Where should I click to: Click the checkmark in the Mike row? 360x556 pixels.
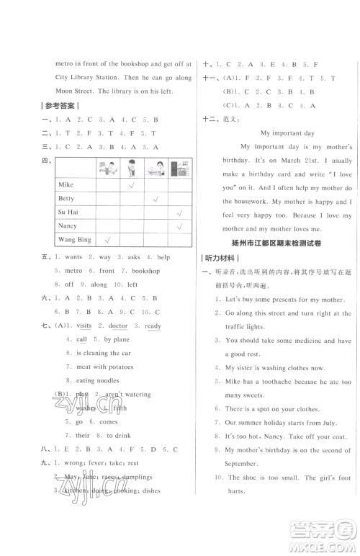coord(131,185)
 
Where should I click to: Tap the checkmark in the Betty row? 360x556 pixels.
coord(155,198)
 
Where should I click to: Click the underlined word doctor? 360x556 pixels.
coord(118,326)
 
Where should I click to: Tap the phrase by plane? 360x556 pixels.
coord(117,339)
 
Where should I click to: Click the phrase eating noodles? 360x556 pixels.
coord(95,380)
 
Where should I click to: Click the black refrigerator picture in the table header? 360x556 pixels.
coord(179,167)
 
